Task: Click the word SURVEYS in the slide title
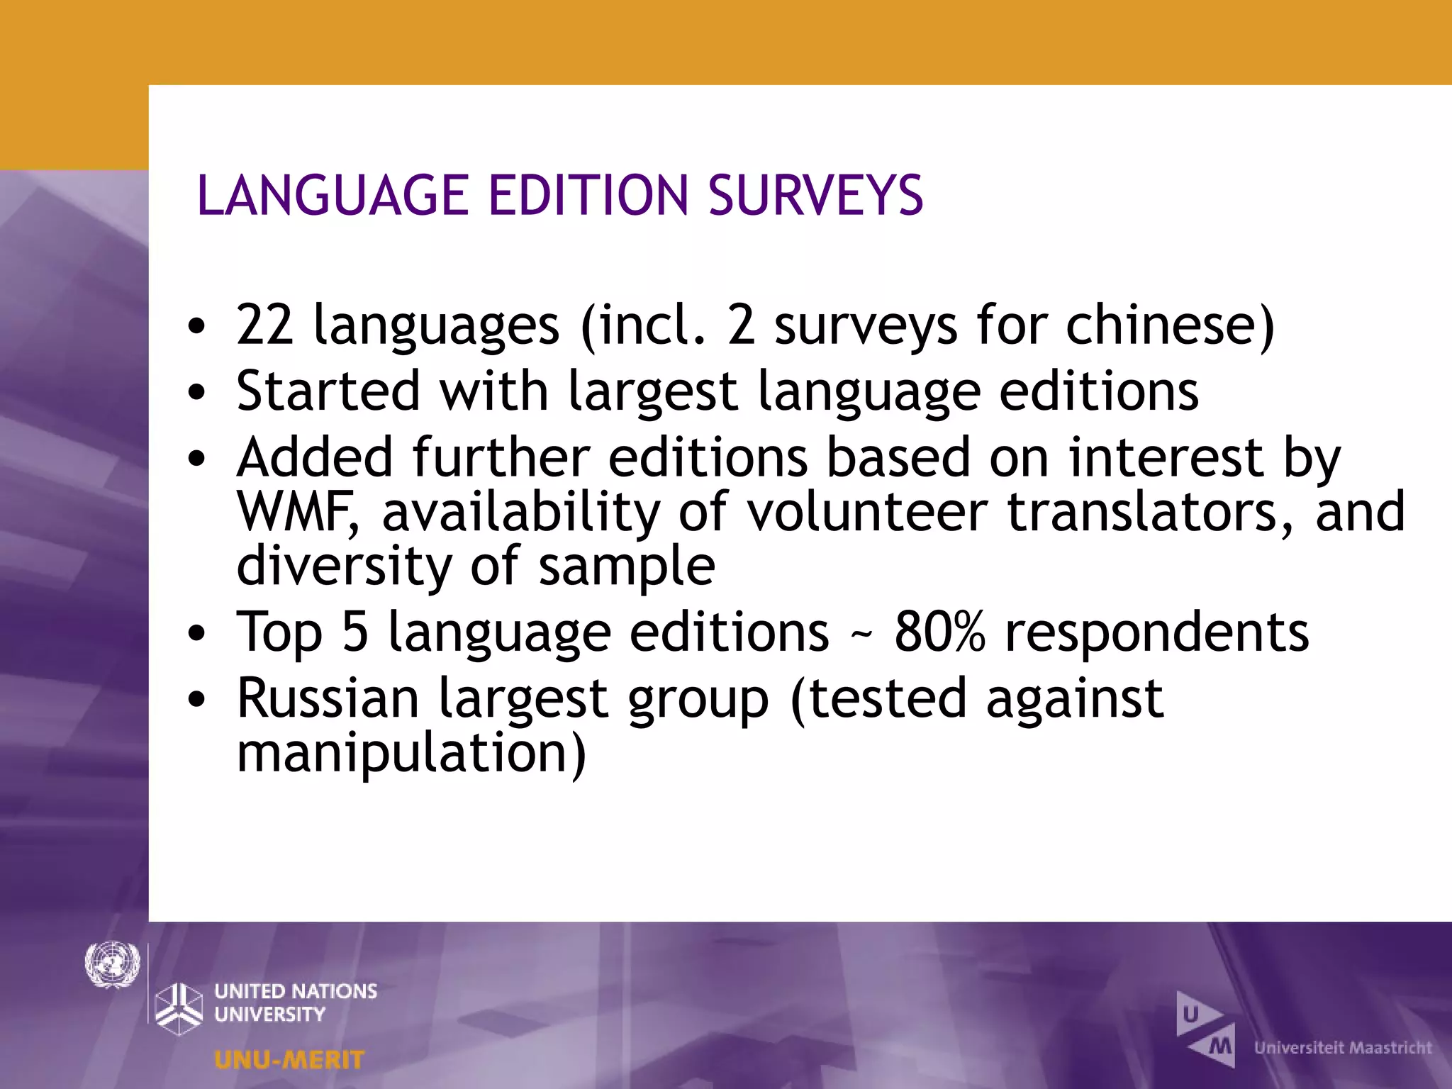tap(815, 196)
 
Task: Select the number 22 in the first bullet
tap(264, 325)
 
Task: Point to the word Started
tap(328, 391)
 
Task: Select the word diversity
tap(343, 566)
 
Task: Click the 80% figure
tap(939, 632)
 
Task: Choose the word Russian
tap(328, 698)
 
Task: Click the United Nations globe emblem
tap(112, 964)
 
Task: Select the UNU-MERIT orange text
tap(289, 1060)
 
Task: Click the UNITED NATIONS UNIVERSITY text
tap(296, 1003)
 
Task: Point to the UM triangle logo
tap(1206, 1029)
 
